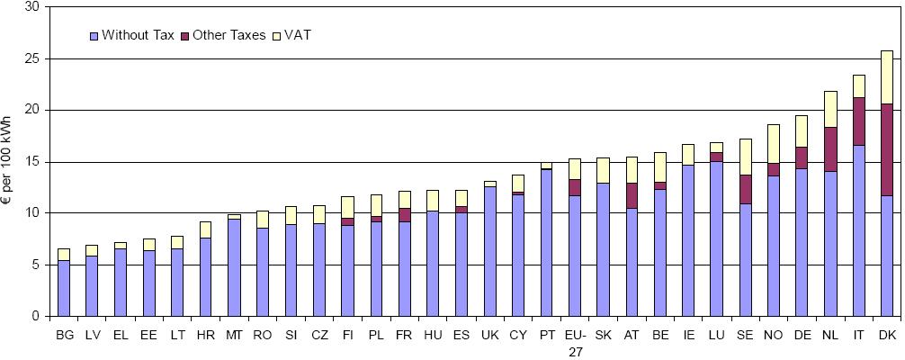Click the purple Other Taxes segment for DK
[x=886, y=149]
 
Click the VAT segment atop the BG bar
[x=64, y=254]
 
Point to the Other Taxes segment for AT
[x=632, y=195]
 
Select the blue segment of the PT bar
[x=546, y=242]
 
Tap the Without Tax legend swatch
[x=93, y=36]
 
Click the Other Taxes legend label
[x=228, y=36]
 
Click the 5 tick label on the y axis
[x=36, y=265]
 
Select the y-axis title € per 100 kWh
[x=11, y=162]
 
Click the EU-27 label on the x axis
[x=574, y=343]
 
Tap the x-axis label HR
[x=206, y=336]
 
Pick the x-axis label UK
[x=489, y=336]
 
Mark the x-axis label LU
[x=716, y=336]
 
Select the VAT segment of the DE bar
[x=801, y=131]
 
